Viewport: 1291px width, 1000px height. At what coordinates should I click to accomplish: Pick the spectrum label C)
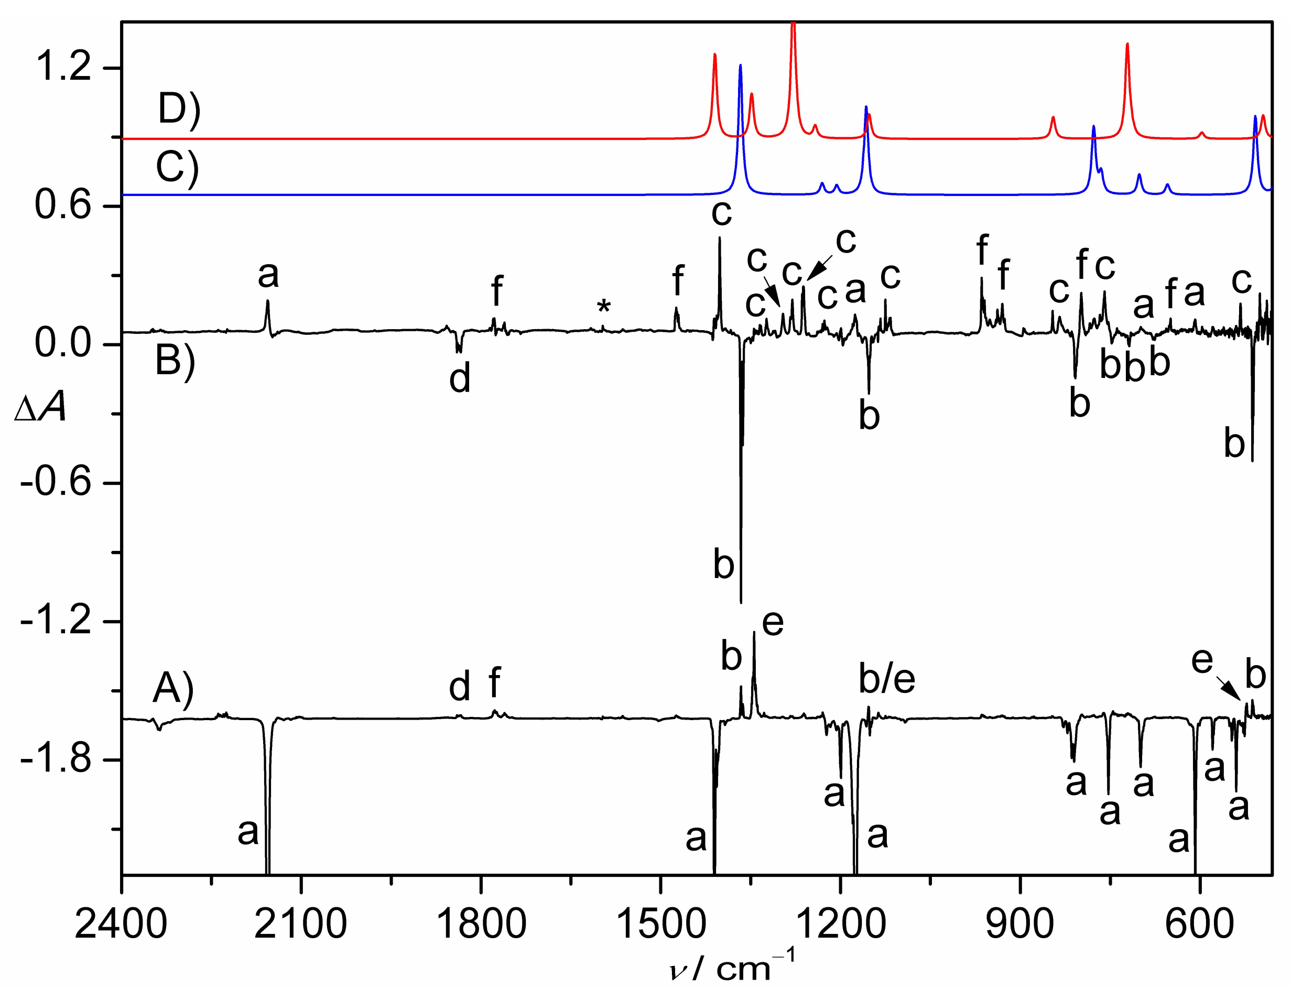(177, 168)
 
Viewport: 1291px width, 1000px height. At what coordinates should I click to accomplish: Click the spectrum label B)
(175, 361)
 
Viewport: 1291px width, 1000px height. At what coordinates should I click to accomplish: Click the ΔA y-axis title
(40, 409)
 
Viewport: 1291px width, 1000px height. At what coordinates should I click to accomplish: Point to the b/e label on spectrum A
(887, 679)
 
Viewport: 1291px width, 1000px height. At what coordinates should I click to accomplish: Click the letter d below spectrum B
(460, 378)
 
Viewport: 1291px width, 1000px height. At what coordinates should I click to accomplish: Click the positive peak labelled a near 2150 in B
(268, 303)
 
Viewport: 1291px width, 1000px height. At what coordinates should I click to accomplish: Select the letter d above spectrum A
(460, 687)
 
